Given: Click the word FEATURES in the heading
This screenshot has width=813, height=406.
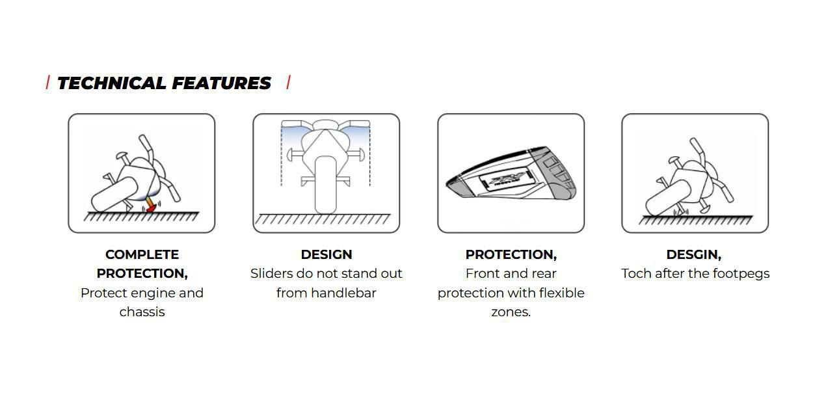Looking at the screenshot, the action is tap(221, 83).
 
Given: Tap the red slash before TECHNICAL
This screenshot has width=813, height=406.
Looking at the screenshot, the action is tap(47, 83).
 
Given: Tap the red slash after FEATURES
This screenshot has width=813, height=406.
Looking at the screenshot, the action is tap(289, 82).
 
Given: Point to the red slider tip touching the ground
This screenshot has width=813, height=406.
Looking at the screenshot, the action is tap(151, 208).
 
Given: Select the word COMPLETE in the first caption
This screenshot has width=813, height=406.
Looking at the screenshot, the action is tap(142, 254).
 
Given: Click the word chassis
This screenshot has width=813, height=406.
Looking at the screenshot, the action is tap(142, 312).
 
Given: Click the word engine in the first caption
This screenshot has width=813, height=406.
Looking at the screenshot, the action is tap(149, 293).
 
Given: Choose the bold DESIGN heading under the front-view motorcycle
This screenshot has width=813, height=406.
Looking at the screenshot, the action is tap(327, 254).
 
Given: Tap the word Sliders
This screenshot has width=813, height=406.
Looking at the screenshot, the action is tap(271, 273).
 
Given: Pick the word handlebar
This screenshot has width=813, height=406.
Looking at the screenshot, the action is tap(343, 293).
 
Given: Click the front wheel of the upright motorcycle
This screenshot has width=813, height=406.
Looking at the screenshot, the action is tap(326, 185).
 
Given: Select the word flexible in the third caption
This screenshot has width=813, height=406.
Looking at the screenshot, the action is tap(562, 293).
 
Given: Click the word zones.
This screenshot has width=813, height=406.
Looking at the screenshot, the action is tap(511, 312).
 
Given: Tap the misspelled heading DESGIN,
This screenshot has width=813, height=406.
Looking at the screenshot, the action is tap(693, 254).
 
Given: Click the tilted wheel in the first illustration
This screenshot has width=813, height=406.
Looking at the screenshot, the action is tap(114, 195).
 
